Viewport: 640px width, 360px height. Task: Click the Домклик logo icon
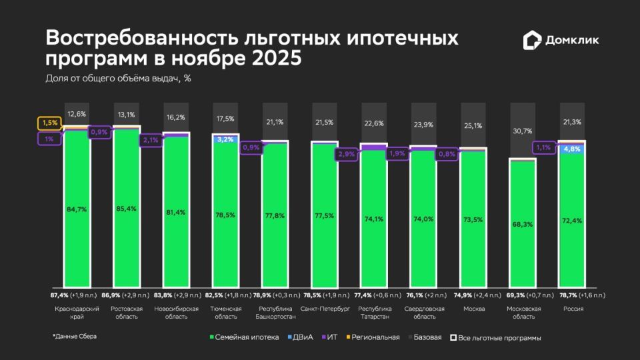tap(532, 39)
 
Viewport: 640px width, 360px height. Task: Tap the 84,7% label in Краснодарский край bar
tap(77, 209)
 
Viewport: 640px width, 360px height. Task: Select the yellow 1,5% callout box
tap(49, 123)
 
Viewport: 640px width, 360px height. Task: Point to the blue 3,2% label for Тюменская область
tap(225, 139)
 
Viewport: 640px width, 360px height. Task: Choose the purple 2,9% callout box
tap(347, 154)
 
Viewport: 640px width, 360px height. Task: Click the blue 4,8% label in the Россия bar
tap(571, 149)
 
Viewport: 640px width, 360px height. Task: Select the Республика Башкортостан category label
tap(275, 313)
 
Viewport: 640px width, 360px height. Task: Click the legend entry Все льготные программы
tap(495, 338)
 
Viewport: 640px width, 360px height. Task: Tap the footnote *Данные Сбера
tap(75, 337)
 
